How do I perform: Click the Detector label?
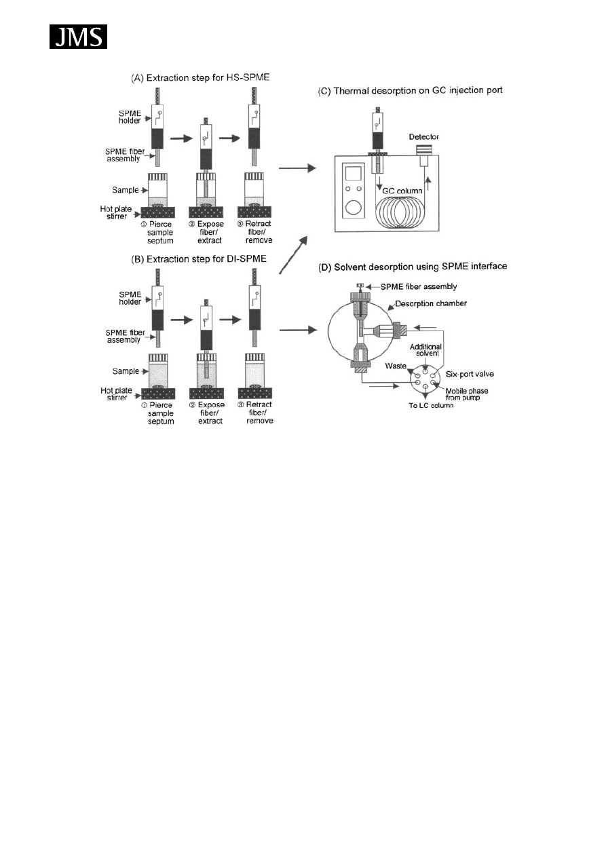(424, 137)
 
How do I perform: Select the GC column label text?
(399, 192)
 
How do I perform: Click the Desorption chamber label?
(433, 304)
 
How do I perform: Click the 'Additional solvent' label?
(426, 350)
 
